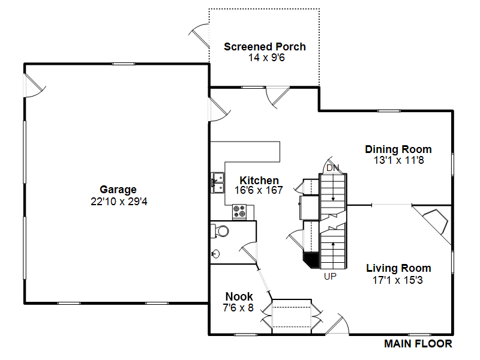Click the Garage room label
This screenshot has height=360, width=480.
point(118,190)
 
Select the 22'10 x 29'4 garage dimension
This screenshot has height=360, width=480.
point(118,202)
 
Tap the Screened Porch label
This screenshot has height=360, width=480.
point(265,47)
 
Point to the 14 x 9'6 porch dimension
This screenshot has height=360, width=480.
point(265,58)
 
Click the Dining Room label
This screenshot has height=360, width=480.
point(398,149)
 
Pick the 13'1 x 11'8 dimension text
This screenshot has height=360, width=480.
point(398,160)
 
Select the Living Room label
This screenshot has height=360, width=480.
point(398,268)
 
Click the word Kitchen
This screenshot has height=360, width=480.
point(259,181)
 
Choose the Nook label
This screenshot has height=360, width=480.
point(239,296)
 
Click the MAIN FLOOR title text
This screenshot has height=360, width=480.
point(418,344)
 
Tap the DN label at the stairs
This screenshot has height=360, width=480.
point(332,167)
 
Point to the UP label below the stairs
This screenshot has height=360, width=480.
point(330,277)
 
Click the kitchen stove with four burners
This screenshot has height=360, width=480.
point(240,211)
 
